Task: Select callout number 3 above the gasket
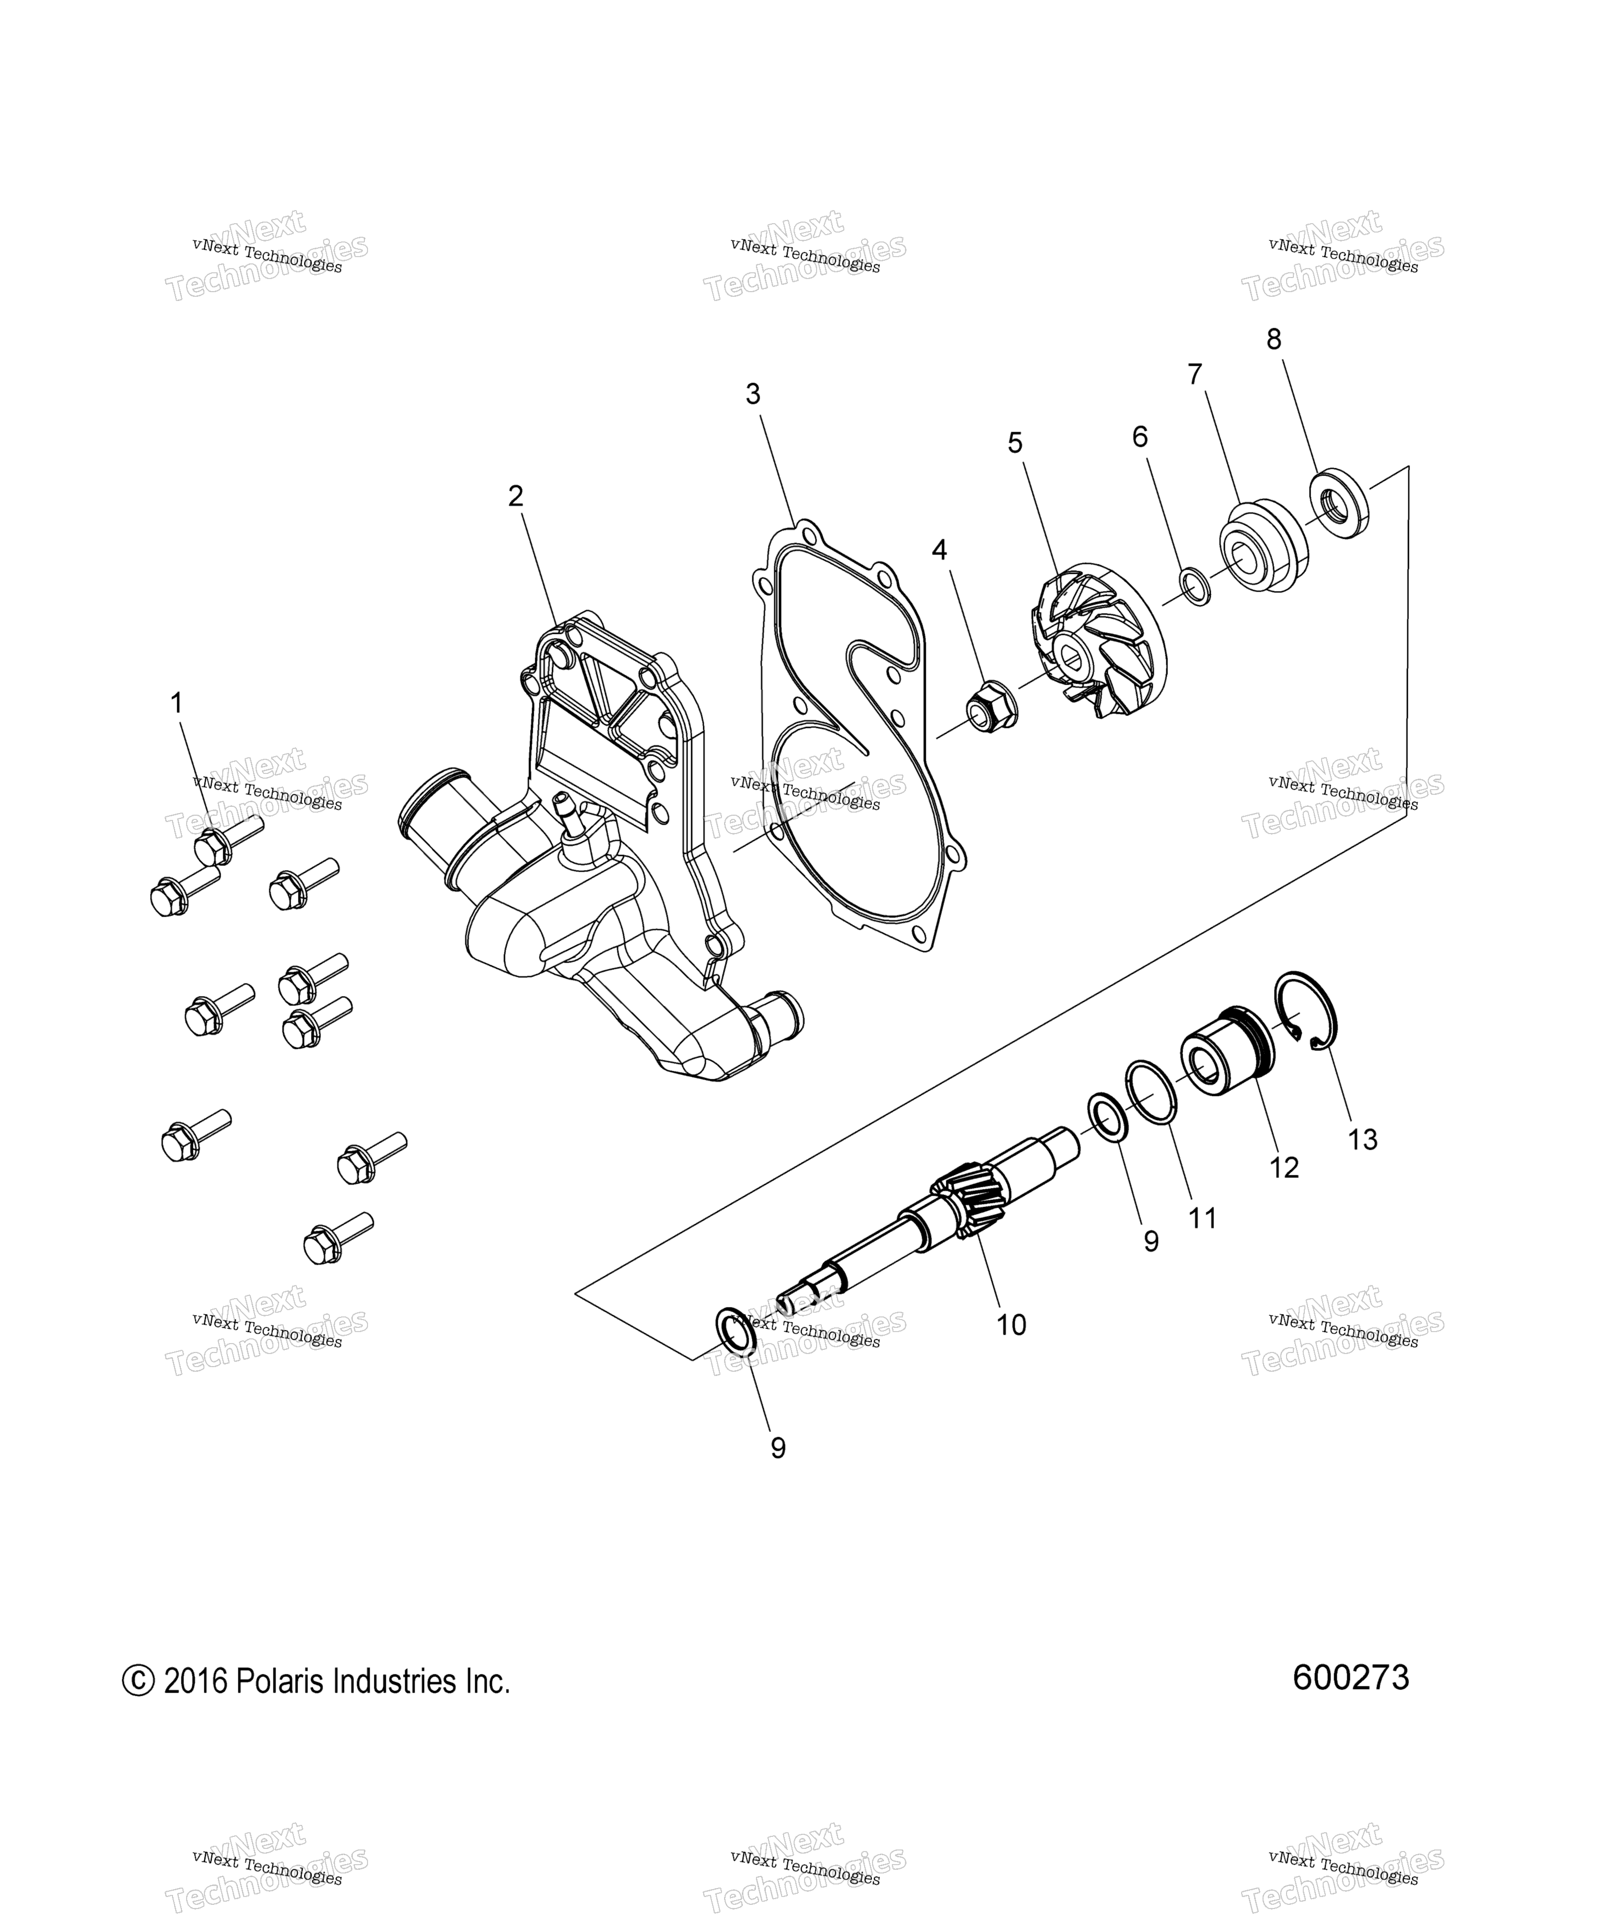[753, 394]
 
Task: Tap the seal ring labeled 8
[1341, 503]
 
